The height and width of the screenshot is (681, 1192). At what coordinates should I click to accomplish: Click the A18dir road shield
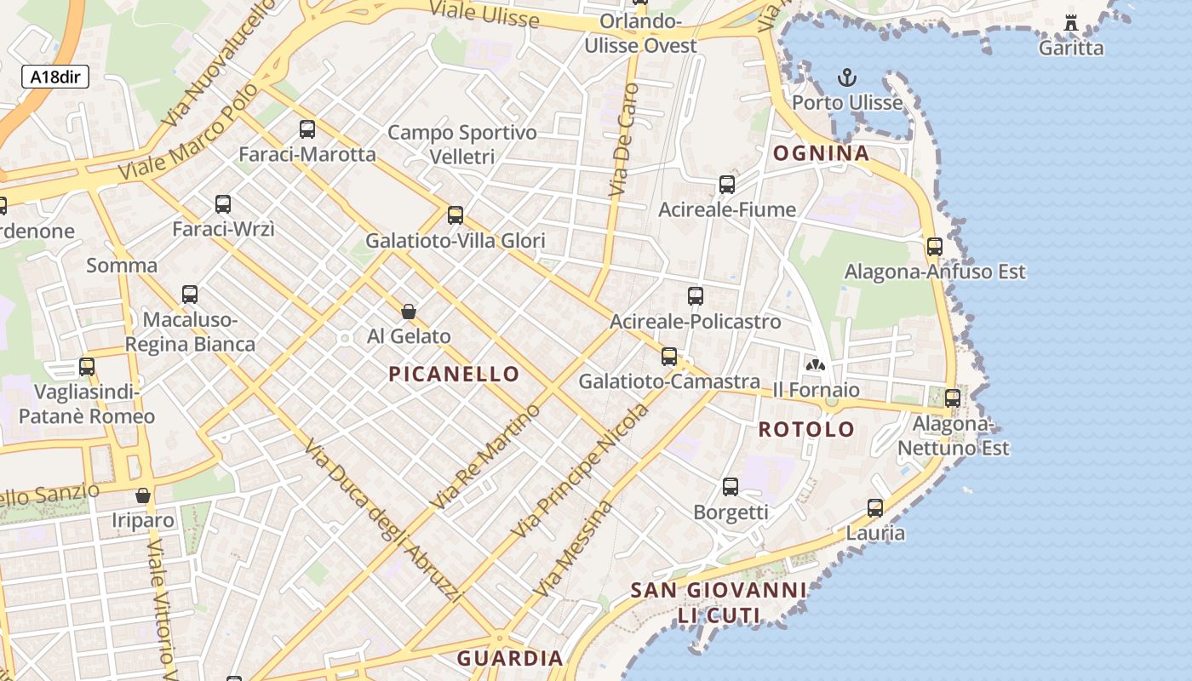[x=55, y=77]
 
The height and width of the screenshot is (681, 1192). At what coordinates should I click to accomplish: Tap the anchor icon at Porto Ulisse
[x=846, y=78]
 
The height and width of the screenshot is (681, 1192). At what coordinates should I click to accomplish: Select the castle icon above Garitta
[x=1071, y=23]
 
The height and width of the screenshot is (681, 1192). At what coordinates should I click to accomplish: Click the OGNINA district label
[x=821, y=154]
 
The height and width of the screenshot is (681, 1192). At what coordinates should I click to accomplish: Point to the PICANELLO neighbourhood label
[x=454, y=374]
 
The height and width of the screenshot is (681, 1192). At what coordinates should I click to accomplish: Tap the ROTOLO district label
[x=806, y=429]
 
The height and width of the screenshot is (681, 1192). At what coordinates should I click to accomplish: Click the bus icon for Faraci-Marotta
[x=307, y=129]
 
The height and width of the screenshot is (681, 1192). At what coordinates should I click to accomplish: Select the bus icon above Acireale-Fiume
[x=727, y=185]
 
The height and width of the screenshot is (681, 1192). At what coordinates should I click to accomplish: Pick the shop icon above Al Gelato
[x=409, y=312]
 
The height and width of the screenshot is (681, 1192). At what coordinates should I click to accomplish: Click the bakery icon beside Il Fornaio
[x=816, y=365]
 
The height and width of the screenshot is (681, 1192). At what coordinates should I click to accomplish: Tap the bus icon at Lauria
[x=875, y=509]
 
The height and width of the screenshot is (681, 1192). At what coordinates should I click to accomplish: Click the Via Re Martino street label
[x=486, y=457]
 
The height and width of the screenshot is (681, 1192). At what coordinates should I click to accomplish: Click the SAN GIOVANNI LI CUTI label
[x=719, y=602]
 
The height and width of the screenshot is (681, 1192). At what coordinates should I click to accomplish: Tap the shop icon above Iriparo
[x=143, y=495]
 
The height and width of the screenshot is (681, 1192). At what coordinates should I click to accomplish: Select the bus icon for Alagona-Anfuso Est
[x=935, y=247]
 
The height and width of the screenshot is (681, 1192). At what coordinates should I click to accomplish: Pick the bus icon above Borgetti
[x=731, y=487]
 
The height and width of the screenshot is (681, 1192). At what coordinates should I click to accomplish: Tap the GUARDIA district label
[x=510, y=658]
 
